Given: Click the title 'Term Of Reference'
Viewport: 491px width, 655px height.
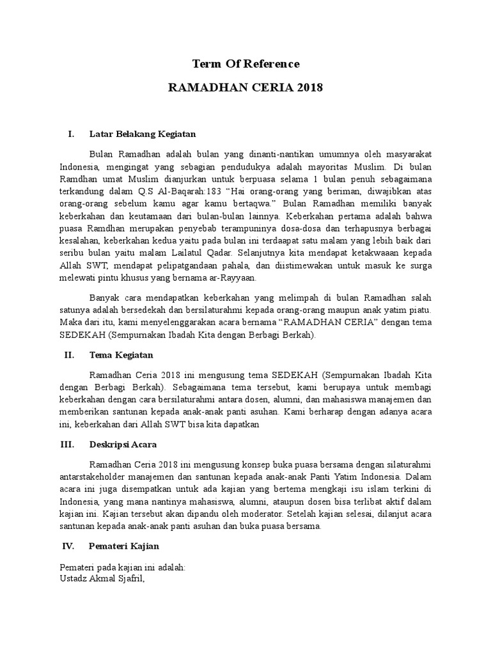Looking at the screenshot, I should (x=245, y=63).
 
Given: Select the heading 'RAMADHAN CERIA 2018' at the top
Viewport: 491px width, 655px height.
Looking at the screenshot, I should (x=245, y=86).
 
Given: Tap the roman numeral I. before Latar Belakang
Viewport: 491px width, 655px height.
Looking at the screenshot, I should (x=71, y=134).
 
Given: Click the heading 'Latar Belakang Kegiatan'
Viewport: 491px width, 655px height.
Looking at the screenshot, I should (x=142, y=134).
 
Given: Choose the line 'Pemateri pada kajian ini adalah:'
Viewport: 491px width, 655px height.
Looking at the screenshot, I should (x=122, y=567).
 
